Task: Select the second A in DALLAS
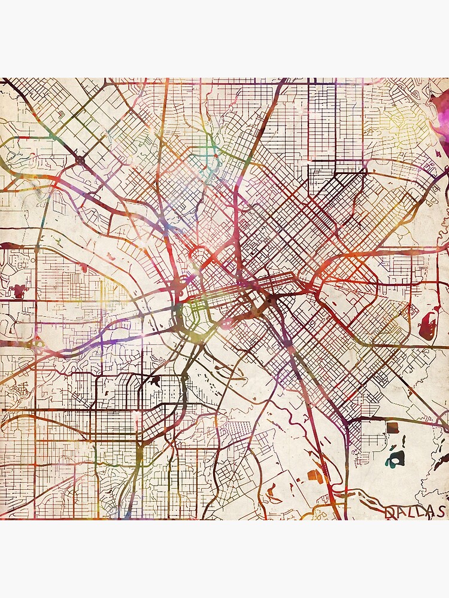click(x=430, y=512)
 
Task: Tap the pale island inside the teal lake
click(x=395, y=459)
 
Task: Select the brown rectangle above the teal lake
click(x=392, y=427)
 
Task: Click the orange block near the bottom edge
click(x=315, y=477)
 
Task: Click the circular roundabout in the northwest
click(x=80, y=160)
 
